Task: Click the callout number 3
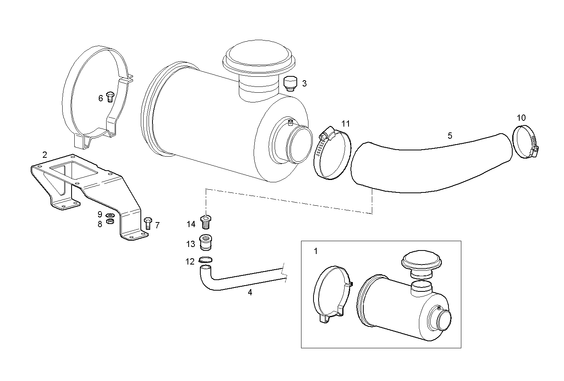(304, 83)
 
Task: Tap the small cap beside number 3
(290, 83)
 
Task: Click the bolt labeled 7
(147, 223)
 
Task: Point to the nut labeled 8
(110, 222)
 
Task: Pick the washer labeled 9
(110, 215)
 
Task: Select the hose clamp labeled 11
(331, 155)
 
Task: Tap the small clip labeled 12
(205, 260)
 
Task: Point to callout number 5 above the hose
(450, 136)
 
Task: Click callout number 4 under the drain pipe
(250, 292)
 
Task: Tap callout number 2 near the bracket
(45, 155)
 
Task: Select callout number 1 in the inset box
(315, 251)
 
